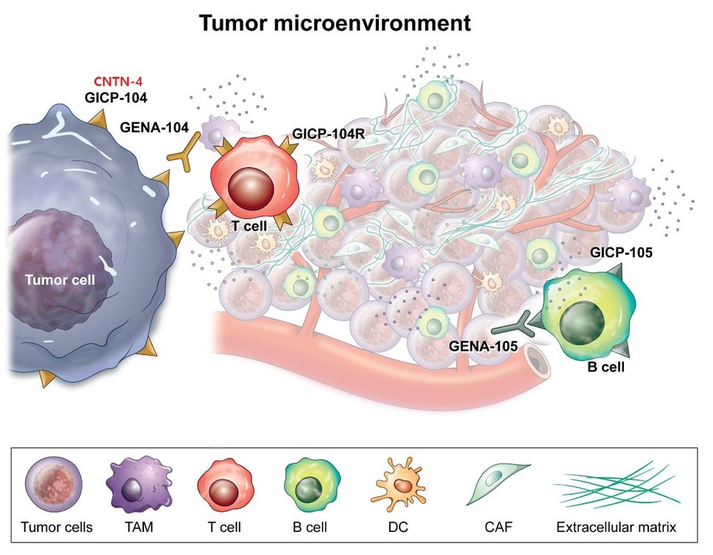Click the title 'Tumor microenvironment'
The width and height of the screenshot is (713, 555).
click(334, 24)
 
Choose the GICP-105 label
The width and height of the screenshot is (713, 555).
click(621, 252)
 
